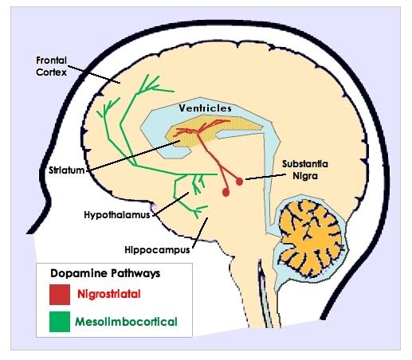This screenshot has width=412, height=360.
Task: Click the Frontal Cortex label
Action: point(51,66)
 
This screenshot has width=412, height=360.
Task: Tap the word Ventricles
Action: point(205,108)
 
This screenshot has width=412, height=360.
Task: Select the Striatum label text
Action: point(66,170)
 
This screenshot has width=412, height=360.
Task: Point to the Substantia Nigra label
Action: point(305,170)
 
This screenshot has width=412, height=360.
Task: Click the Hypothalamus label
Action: point(117,214)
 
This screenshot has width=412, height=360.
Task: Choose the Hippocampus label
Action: point(157,250)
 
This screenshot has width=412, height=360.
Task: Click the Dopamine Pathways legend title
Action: point(105,273)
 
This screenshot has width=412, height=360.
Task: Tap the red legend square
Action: point(60,295)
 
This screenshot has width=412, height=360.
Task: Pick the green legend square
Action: point(60,322)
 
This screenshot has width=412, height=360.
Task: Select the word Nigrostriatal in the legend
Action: point(109,294)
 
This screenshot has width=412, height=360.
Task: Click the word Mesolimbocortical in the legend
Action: point(126,322)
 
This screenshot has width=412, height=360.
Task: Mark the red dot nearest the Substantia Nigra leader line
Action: point(239,182)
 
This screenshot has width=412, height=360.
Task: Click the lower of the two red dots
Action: point(226,192)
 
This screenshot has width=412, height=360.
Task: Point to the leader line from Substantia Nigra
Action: point(266,177)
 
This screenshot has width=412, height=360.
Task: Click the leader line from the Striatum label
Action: point(133,155)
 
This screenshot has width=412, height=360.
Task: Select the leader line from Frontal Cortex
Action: point(94,74)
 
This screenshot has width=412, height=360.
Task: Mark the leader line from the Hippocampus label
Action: point(200,233)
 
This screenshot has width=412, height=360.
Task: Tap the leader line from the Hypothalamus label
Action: point(171,203)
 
